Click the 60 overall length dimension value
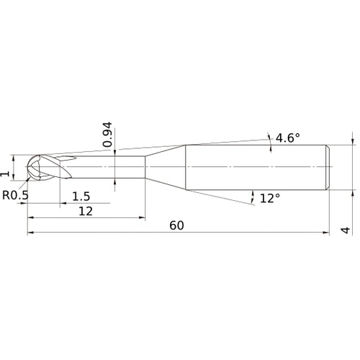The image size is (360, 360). tap(177, 225)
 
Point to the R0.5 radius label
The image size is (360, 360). tap(16, 195)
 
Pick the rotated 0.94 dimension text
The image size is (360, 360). tap(107, 135)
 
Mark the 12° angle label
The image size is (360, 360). tap(269, 198)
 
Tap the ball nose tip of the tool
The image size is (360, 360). tap(30, 168)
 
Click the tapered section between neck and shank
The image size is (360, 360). tap(166, 168)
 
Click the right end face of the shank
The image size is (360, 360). tap(330, 168)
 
